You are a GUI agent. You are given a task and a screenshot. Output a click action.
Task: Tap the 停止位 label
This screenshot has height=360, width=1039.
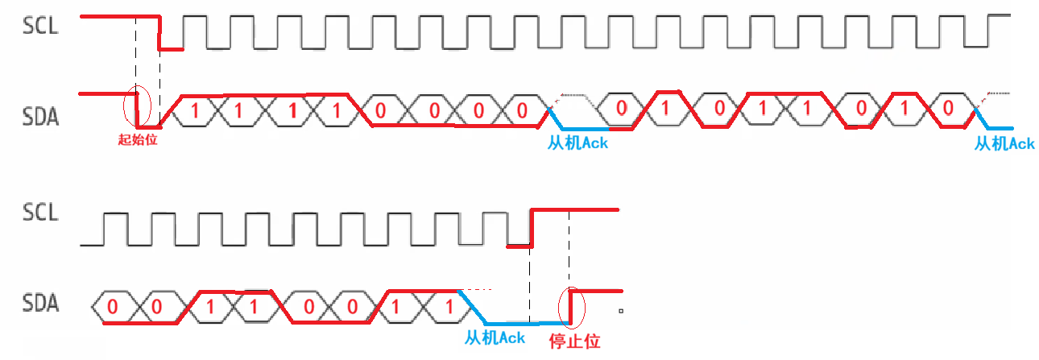pos(574,341)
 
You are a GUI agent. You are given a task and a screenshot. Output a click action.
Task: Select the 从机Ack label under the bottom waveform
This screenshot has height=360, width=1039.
pos(495,337)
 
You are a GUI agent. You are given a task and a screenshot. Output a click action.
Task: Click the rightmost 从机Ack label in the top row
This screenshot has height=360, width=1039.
pos(1004,143)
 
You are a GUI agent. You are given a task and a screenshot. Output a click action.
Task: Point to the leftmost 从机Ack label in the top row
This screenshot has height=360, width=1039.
pos(577,143)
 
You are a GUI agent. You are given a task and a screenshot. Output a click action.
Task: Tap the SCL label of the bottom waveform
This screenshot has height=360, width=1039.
pos(40,213)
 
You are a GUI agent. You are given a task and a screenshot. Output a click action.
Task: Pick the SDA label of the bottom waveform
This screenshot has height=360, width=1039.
pos(40,304)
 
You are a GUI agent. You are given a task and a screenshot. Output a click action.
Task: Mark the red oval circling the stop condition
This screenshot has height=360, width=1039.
pos(572,307)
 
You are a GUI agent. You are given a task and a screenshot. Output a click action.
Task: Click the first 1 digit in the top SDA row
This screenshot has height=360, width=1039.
pos(193,110)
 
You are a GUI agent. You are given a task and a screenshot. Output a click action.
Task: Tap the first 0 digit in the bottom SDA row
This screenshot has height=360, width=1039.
pos(112,307)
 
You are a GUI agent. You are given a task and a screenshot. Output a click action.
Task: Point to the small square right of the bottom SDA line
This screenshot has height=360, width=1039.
pos(621,310)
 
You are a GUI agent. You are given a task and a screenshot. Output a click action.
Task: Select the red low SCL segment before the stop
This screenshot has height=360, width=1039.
pos(519,245)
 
